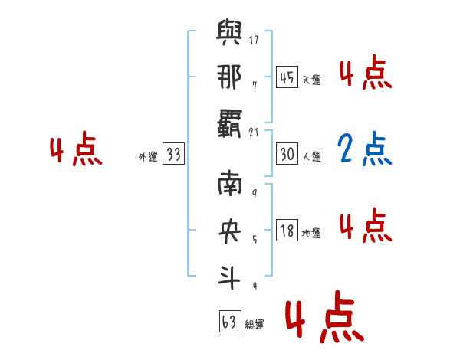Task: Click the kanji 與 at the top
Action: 232,34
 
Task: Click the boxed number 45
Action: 287,77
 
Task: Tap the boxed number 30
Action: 287,154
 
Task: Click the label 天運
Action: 311,80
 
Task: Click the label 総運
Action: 255,325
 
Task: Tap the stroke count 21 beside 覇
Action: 255,133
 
